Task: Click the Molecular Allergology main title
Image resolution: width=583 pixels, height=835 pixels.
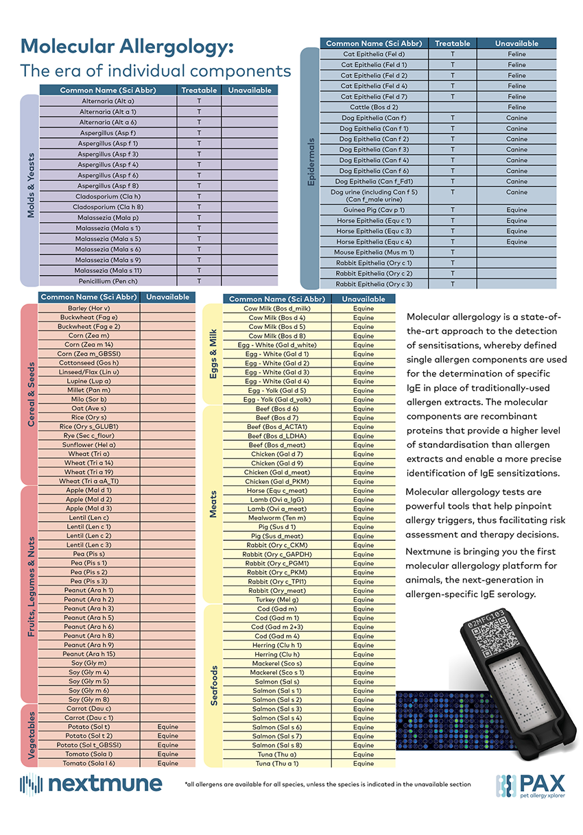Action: [128, 47]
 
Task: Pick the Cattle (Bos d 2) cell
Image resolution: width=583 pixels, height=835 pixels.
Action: [374, 107]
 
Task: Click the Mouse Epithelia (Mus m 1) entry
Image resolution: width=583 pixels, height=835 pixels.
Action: [374, 252]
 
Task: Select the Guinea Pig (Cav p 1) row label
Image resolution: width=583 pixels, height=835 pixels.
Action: [374, 210]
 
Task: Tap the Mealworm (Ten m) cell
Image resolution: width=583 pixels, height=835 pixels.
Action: [277, 518]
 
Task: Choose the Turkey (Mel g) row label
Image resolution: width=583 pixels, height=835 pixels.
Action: [277, 600]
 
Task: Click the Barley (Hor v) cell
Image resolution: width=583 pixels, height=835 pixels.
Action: [89, 308]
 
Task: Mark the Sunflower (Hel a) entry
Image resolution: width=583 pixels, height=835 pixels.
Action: [89, 445]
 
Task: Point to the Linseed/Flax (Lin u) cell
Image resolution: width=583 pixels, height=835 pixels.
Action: [89, 372]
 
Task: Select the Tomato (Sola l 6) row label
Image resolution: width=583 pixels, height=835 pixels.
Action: [89, 763]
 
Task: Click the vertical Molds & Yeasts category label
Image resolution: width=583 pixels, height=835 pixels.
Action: [30, 186]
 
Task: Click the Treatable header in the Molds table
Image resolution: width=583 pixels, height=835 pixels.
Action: [199, 90]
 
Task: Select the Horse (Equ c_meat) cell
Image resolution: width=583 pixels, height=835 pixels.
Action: [277, 490]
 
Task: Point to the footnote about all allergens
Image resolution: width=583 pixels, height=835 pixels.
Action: [328, 784]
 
